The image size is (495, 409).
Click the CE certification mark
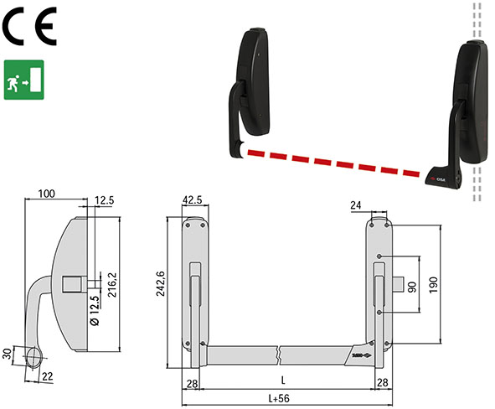click(x=29, y=26)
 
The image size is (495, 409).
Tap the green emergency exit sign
click(x=24, y=80)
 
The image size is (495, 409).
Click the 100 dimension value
click(x=46, y=194)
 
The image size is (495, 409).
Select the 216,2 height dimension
click(x=112, y=285)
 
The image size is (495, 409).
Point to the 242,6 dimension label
click(x=161, y=283)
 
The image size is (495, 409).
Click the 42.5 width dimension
click(x=193, y=199)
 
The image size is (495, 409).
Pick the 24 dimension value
click(x=355, y=205)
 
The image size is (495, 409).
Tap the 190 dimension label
click(x=434, y=285)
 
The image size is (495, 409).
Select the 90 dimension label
click(x=413, y=287)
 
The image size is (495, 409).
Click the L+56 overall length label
click(x=279, y=398)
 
